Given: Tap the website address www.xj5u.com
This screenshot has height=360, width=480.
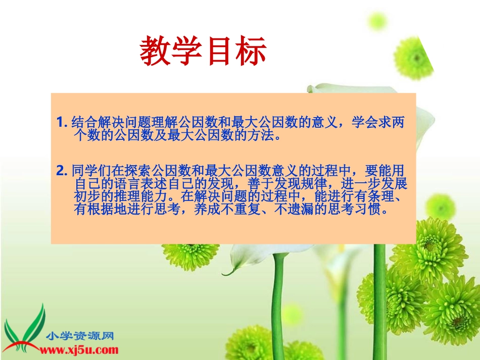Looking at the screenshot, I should point(79,349).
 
